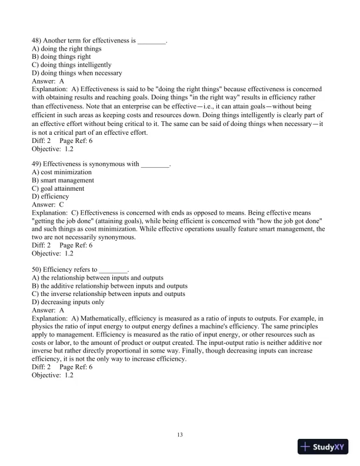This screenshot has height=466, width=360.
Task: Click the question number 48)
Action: pyautogui.click(x=36, y=40)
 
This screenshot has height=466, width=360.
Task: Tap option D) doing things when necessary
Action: pyautogui.click(x=76, y=73)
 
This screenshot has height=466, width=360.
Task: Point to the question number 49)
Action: pyautogui.click(x=36, y=164)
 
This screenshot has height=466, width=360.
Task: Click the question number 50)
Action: pyautogui.click(x=36, y=268)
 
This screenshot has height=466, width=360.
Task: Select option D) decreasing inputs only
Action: pyautogui.click(x=68, y=301)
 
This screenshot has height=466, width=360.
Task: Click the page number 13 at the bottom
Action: pyautogui.click(x=180, y=435)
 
